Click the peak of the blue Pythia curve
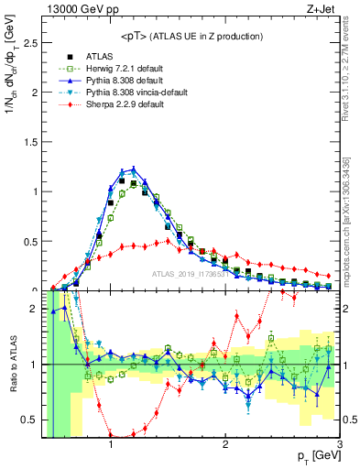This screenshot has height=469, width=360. [x=134, y=169]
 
